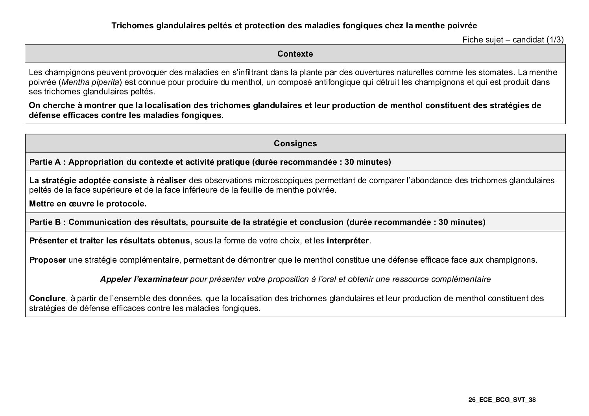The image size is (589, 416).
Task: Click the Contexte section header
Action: pyautogui.click(x=295, y=54)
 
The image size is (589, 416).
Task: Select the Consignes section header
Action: pyautogui.click(x=295, y=144)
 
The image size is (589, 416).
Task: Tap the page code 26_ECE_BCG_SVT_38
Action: pyautogui.click(x=502, y=400)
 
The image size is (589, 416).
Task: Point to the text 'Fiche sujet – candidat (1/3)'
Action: pyautogui.click(x=513, y=39)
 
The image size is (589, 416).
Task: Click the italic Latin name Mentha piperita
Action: pyautogui.click(x=90, y=82)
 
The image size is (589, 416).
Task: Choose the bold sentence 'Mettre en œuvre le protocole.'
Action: pyautogui.click(x=88, y=204)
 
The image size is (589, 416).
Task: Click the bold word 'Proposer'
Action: pyautogui.click(x=48, y=260)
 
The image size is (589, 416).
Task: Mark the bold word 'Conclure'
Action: pyautogui.click(x=47, y=298)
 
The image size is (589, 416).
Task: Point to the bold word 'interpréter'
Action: pyautogui.click(x=348, y=241)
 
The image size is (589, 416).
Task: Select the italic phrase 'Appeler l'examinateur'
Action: pyautogui.click(x=144, y=279)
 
